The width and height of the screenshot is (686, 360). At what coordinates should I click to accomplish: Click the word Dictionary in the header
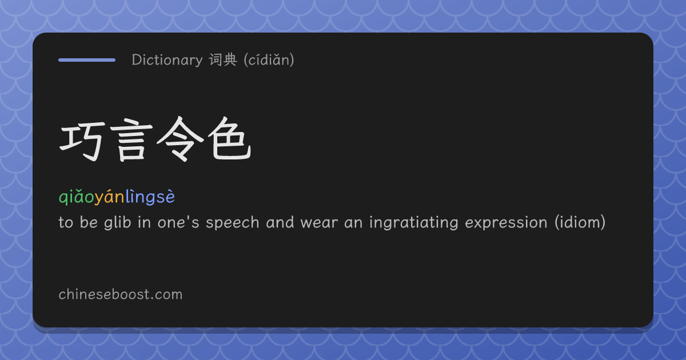click(x=167, y=59)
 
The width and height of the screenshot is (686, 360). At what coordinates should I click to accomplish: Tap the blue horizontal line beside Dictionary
click(x=87, y=60)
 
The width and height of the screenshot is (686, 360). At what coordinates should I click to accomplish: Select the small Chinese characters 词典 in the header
click(x=223, y=59)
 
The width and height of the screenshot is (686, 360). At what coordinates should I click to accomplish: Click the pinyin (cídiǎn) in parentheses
click(x=269, y=59)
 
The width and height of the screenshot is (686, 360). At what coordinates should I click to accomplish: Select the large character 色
click(x=229, y=139)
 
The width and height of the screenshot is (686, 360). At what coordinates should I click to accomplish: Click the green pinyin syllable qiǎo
click(x=76, y=197)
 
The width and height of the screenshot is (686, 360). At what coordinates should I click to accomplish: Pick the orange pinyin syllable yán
click(x=109, y=197)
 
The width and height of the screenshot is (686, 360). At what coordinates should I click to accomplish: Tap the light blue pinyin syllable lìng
click(x=140, y=197)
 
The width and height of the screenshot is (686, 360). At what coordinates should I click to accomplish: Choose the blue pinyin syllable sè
click(x=166, y=197)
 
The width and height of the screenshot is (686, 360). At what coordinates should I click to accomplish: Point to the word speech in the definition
click(x=233, y=222)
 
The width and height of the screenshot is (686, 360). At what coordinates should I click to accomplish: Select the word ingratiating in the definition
click(x=414, y=222)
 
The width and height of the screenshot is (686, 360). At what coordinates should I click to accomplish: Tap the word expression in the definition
click(x=506, y=223)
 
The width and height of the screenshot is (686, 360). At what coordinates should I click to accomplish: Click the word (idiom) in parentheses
click(x=580, y=222)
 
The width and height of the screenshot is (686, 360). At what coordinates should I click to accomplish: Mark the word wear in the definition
click(x=319, y=223)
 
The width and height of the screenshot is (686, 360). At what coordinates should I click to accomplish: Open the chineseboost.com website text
click(x=121, y=294)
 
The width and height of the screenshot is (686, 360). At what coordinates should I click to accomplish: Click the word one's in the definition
click(x=178, y=223)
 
